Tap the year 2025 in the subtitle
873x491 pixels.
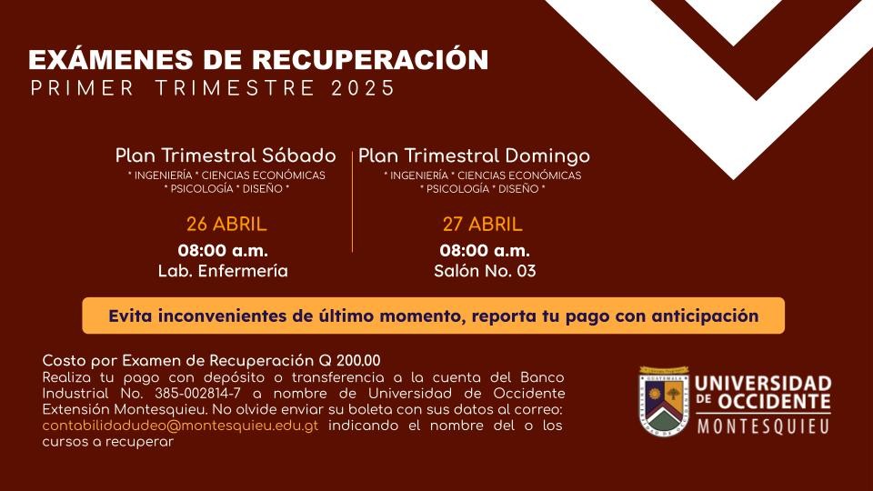363,88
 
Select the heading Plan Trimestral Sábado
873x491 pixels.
226,155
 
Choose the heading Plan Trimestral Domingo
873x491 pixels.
474,156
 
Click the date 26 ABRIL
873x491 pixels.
226,225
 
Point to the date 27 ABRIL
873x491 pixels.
482,225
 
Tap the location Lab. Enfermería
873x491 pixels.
223,271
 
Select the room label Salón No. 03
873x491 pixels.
485,271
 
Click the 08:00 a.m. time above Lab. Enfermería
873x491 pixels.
223,251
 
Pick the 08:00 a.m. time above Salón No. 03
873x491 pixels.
485,251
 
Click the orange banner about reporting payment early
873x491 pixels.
433,316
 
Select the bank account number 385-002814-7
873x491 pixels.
197,394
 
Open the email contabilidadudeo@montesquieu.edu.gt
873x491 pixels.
180,426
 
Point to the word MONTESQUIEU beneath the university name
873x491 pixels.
763,426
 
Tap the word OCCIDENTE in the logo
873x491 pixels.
774,401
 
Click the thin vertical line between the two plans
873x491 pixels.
353,201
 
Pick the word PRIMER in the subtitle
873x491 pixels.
83,88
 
